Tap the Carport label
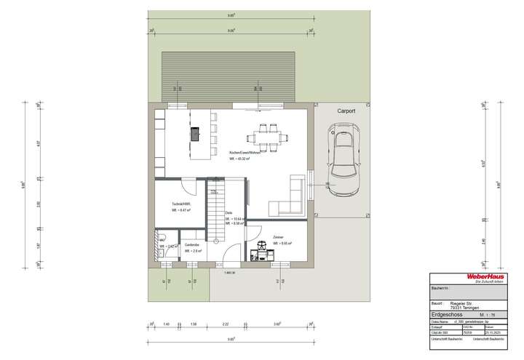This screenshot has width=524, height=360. pos(346,113)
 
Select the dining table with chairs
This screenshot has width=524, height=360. pos(266,135)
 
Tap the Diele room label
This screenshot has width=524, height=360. pos(229,212)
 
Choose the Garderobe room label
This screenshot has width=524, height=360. pos(191,244)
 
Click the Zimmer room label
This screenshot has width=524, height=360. pos(278,238)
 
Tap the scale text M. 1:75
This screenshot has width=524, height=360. pos(497,315)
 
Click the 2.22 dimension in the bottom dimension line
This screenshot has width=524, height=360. pos(226,323)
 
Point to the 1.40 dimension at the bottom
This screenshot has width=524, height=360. pos(166,323)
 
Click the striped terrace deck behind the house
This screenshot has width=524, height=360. pos(227,75)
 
